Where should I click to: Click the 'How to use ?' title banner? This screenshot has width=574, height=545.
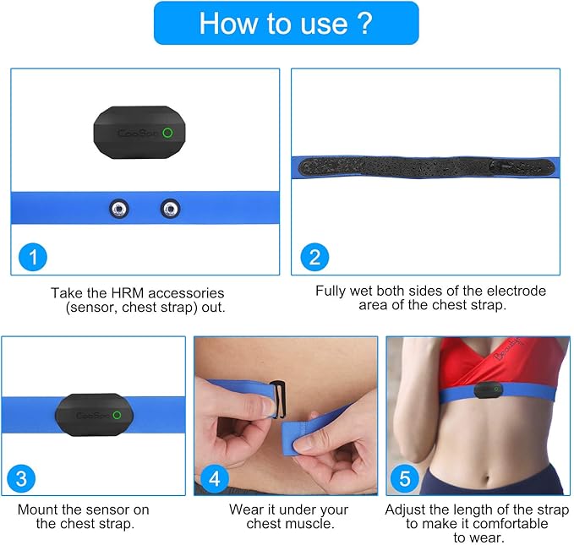[x=286, y=23]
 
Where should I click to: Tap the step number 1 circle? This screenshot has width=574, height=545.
[x=33, y=257]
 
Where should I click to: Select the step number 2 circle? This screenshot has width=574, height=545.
[x=314, y=257]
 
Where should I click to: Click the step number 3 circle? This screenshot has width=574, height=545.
[x=21, y=479]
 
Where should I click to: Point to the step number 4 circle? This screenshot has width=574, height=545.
[x=215, y=479]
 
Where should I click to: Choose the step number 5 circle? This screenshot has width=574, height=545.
[x=405, y=479]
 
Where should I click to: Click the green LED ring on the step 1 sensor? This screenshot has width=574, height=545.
[x=167, y=133]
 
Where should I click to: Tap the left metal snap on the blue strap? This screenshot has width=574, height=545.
[x=119, y=207]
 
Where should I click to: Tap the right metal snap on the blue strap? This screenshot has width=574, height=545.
[x=171, y=207]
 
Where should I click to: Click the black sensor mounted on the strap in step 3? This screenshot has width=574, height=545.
[x=94, y=413]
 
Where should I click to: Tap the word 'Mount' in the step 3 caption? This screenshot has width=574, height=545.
[x=38, y=510]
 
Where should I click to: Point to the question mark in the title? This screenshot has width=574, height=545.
[x=364, y=23]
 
